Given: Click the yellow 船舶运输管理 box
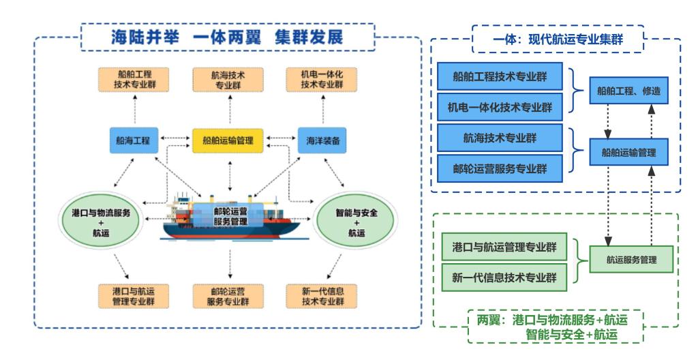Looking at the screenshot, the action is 228,140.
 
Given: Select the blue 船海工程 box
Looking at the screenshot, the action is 134,140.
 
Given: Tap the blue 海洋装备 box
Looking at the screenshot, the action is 322,140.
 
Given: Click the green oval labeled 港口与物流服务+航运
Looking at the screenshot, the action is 101,220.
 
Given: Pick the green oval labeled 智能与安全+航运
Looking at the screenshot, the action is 356,220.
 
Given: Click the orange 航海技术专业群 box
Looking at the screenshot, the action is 228,80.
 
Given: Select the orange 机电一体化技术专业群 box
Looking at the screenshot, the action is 322,80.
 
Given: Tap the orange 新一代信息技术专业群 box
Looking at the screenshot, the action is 322,297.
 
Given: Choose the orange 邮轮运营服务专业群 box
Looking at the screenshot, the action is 228,297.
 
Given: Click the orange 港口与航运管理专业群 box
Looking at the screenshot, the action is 134,297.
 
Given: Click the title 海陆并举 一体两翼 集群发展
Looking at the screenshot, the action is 228,37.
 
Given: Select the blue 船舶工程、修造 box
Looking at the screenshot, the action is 628,91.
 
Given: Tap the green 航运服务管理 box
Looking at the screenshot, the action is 631,259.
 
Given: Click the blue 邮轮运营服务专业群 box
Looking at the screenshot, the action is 500,168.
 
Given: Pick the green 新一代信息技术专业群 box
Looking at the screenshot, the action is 504,277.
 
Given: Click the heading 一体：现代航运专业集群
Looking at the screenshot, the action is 558,40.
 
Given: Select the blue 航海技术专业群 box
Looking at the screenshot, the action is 500,138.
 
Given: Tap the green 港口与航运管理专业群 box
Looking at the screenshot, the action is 504,247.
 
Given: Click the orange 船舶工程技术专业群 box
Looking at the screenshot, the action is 134,80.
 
